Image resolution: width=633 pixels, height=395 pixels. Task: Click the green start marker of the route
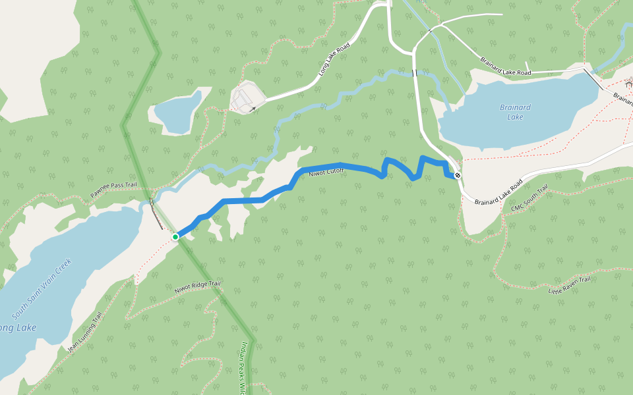pyautogui.click(x=175, y=236)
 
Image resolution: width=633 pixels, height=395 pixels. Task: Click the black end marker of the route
pyautogui.click(x=457, y=175)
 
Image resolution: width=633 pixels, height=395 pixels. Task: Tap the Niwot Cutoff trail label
pyautogui.click(x=326, y=172)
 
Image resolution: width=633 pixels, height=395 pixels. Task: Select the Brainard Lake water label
pyautogui.click(x=515, y=112)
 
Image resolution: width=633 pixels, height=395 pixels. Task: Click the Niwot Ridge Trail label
pyautogui.click(x=197, y=287)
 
